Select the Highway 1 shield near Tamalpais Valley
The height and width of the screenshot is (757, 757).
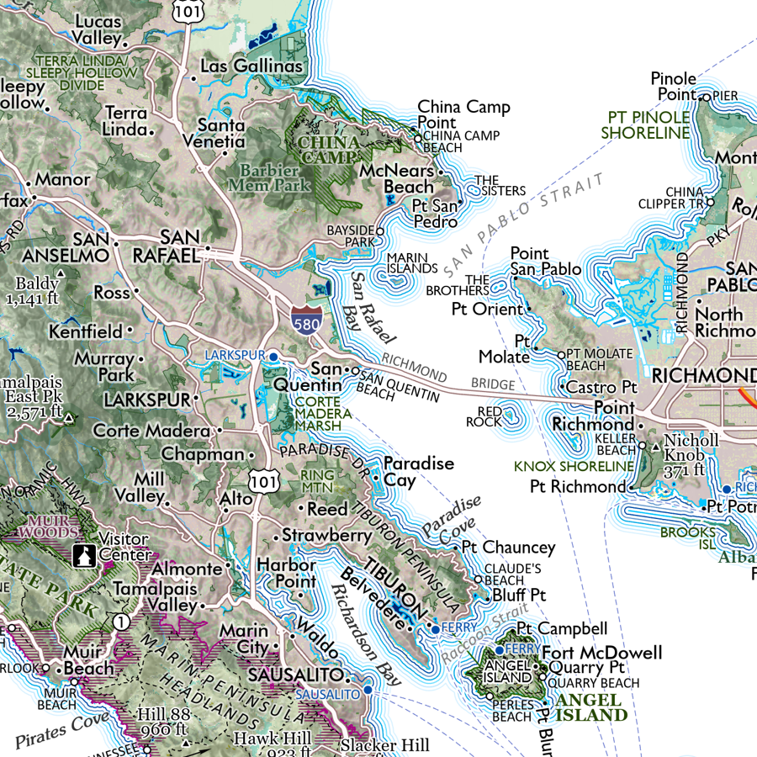tap(123, 622)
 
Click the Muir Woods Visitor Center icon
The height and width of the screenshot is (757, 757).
tap(84, 556)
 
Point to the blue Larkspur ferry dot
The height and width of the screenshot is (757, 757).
tap(273, 357)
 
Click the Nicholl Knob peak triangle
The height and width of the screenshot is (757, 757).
tap(657, 445)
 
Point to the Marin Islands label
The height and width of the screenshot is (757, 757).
tap(406, 263)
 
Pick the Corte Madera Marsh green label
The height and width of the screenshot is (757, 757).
tap(323, 413)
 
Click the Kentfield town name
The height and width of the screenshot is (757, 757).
tap(85, 332)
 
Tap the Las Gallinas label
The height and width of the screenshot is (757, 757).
tap(251, 66)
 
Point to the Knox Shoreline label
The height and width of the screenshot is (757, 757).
tap(574, 466)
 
